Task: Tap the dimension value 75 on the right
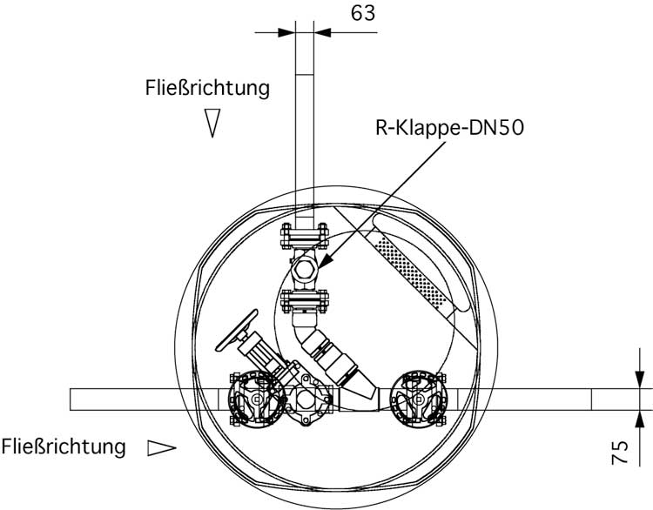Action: [x=619, y=453]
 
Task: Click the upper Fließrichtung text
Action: [x=207, y=88]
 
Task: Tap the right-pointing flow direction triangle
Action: [x=161, y=447]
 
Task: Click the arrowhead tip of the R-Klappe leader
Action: [x=319, y=264]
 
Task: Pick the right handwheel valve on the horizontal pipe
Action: [x=419, y=399]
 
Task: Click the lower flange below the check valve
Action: [x=305, y=303]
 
